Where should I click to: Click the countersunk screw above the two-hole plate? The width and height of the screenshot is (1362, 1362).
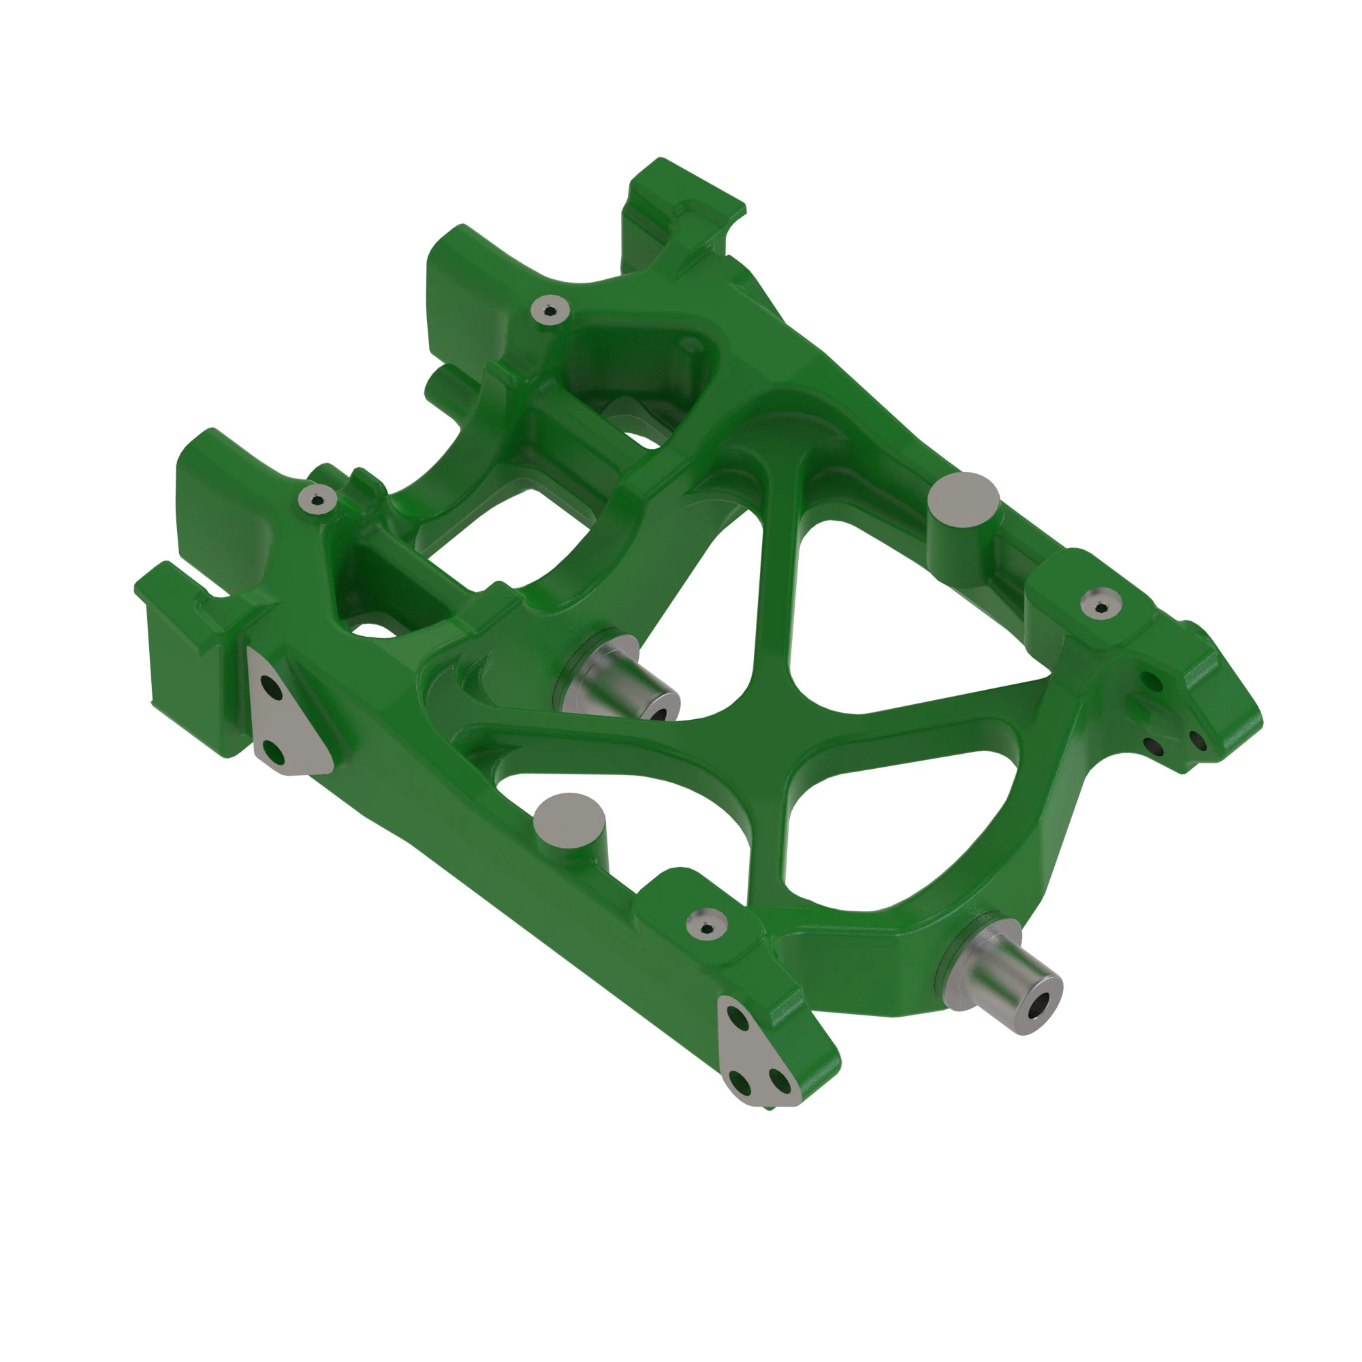coord(316,499)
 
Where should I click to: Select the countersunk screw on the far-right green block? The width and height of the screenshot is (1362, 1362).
coord(1101,603)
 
